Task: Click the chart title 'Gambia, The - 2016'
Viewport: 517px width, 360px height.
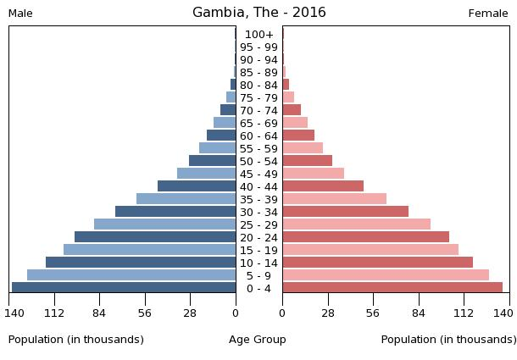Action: (258, 13)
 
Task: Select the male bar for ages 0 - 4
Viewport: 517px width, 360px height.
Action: (124, 288)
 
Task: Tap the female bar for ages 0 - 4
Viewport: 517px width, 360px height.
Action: (392, 288)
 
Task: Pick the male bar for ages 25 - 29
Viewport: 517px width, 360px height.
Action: (164, 224)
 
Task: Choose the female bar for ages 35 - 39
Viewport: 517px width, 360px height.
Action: (334, 199)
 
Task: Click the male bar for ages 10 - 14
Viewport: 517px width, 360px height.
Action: (141, 263)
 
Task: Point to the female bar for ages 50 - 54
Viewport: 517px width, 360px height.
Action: (307, 161)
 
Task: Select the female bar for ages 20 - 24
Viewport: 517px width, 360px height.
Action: (365, 237)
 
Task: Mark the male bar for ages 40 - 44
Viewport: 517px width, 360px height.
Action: (197, 186)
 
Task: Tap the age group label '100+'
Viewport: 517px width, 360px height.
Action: (258, 35)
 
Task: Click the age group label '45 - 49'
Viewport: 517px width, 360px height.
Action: (258, 174)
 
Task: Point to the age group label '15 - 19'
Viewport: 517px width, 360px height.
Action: (258, 251)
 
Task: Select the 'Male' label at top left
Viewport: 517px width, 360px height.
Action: (20, 14)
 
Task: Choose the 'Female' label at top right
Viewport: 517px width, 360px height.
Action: (488, 14)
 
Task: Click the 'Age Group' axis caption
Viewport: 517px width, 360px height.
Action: (258, 340)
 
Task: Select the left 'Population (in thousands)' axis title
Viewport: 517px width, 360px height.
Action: (76, 340)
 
